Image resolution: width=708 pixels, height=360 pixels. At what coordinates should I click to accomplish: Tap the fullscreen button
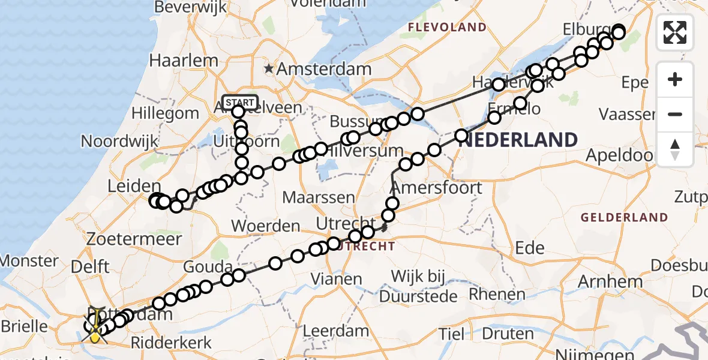click(x=675, y=32)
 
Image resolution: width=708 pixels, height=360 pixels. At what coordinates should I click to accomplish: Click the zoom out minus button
click(x=675, y=115)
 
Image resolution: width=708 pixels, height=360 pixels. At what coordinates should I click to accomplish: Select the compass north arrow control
click(x=675, y=149)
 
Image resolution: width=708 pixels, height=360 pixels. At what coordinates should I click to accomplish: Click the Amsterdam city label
click(x=324, y=69)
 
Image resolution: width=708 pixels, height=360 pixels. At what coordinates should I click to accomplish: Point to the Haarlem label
click(x=183, y=61)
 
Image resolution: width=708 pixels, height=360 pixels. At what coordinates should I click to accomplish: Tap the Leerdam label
click(x=335, y=331)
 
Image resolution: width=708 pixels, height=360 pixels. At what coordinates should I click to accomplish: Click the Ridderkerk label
click(x=170, y=343)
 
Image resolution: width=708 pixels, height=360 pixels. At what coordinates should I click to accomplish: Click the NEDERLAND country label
click(x=520, y=140)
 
